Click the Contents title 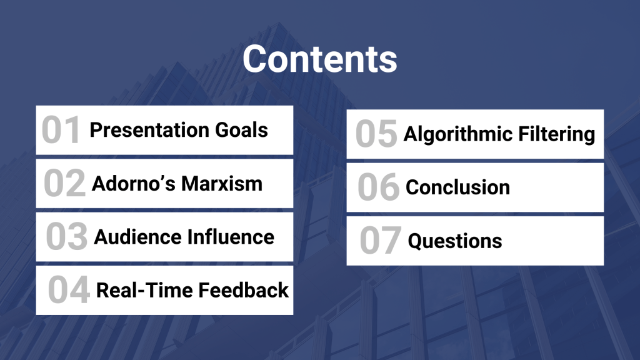click(x=319, y=59)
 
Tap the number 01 click(x=61, y=130)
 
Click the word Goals click(x=242, y=130)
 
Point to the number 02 click(x=64, y=183)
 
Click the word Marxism click(x=222, y=184)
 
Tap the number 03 click(x=66, y=236)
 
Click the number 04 click(x=69, y=290)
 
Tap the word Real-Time click(x=144, y=290)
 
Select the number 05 click(x=376, y=134)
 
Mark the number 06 click(x=378, y=187)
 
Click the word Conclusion click(x=457, y=187)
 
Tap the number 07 click(x=381, y=241)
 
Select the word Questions click(x=455, y=241)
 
